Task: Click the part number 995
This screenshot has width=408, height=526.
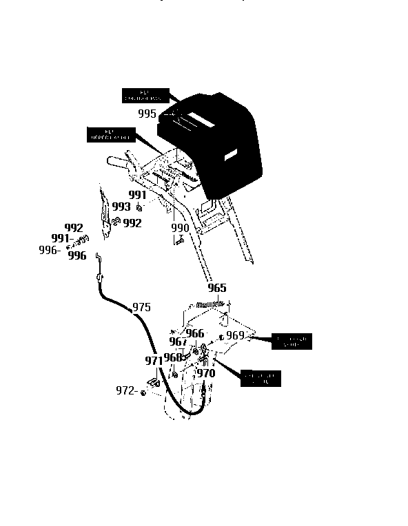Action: click(x=147, y=114)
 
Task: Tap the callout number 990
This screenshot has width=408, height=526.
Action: click(x=180, y=228)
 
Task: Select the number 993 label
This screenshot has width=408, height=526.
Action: click(x=121, y=207)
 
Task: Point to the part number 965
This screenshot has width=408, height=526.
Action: click(x=216, y=288)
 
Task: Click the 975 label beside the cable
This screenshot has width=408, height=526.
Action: click(x=141, y=307)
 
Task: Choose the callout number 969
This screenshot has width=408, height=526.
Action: click(x=235, y=335)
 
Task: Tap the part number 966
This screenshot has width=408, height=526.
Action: click(x=195, y=333)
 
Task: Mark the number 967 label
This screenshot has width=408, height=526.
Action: click(x=178, y=341)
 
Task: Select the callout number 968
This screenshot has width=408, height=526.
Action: click(x=173, y=357)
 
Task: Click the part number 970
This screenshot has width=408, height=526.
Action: click(x=206, y=373)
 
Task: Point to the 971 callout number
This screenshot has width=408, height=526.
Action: click(x=153, y=360)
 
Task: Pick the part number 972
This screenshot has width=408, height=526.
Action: click(x=125, y=391)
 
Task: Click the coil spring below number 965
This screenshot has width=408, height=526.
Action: click(x=211, y=304)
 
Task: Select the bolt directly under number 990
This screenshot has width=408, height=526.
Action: click(x=178, y=240)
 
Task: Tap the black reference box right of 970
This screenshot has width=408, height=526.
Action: click(x=261, y=378)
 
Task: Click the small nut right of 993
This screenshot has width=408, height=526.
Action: click(x=139, y=207)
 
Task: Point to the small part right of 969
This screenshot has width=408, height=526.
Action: click(x=221, y=337)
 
